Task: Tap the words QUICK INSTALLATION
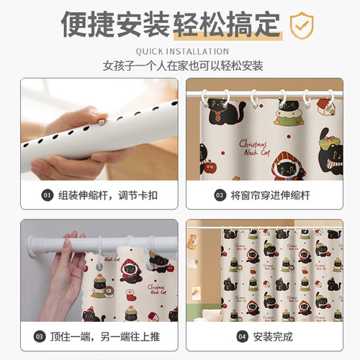pyautogui.click(x=179, y=52)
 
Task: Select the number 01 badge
pyautogui.click(x=48, y=194)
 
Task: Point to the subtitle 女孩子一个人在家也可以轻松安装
pyautogui.click(x=179, y=66)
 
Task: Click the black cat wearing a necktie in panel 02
pyautogui.click(x=222, y=108)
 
